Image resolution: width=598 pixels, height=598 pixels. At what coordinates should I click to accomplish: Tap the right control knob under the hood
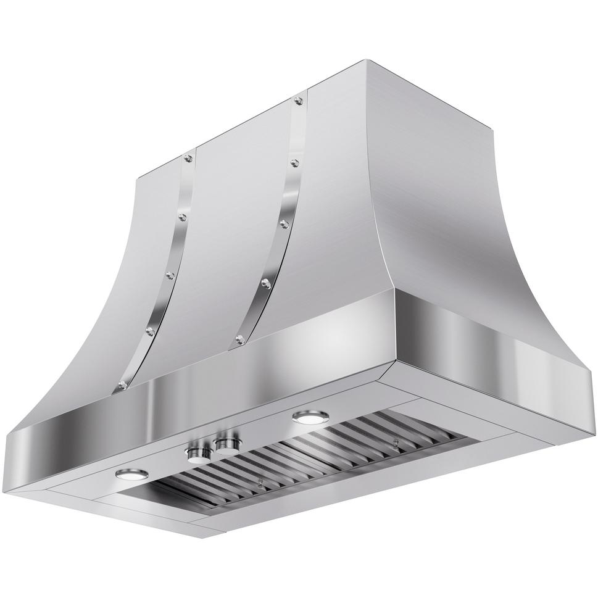click(x=226, y=442)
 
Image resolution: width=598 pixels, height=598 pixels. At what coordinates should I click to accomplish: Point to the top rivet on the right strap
click(x=299, y=100)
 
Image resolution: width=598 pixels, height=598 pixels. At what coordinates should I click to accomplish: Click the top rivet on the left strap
click(x=188, y=159)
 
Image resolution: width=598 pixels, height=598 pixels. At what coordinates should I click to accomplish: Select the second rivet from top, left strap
click(x=181, y=216)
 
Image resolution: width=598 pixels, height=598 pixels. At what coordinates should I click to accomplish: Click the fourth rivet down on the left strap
click(x=150, y=331)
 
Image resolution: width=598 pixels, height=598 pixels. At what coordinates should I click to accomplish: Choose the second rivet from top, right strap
click(x=294, y=162)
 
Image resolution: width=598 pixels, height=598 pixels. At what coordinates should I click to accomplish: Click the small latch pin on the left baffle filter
click(x=262, y=484)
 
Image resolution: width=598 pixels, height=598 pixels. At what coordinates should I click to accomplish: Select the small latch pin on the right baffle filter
click(x=394, y=442)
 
